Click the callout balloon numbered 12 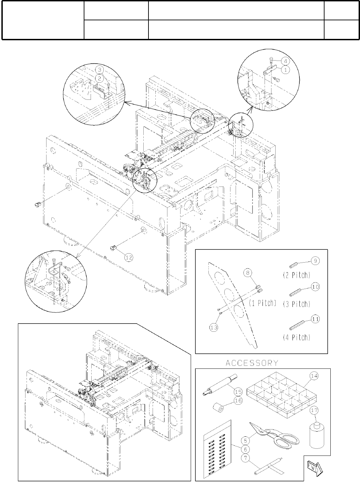[x=128, y=257]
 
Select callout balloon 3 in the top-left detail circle [x=99, y=69]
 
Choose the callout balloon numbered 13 [x=214, y=327]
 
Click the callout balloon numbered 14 [x=313, y=376]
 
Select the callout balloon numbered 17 [x=313, y=410]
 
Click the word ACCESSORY [x=252, y=363]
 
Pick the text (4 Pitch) [x=297, y=337]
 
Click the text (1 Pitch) [x=263, y=303]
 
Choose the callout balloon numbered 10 [x=315, y=286]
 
